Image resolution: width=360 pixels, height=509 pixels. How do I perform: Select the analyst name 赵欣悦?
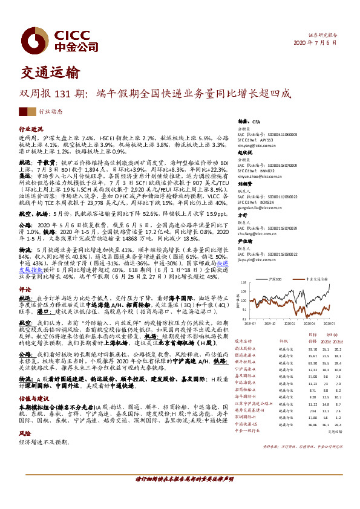(x=244, y=154)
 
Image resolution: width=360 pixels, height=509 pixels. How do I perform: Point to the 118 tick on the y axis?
(x=243, y=283)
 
